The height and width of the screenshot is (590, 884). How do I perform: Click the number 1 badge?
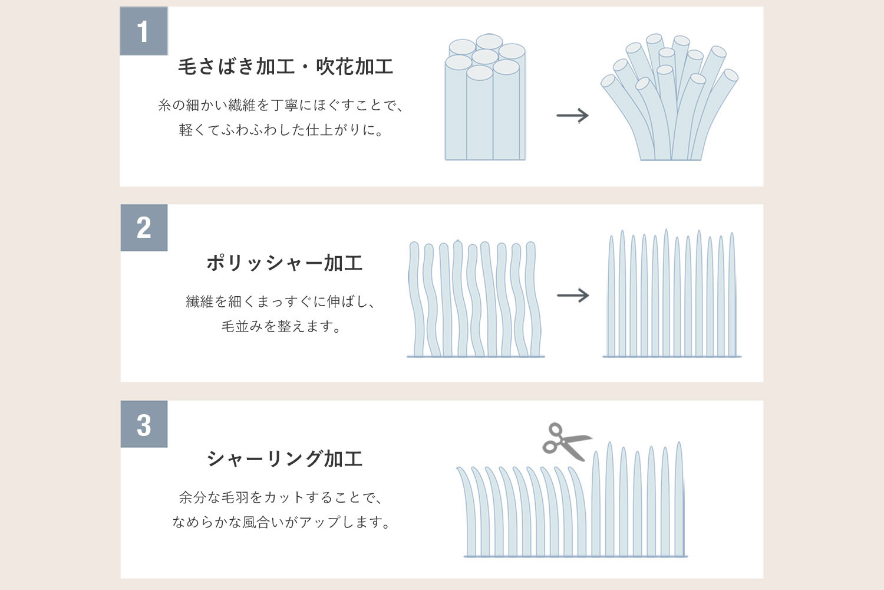144,31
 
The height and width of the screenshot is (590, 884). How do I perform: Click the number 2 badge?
144,228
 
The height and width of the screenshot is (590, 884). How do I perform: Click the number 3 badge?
144,424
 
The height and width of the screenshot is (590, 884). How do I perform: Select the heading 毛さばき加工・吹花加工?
285,67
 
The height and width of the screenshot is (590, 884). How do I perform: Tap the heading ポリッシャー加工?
284,263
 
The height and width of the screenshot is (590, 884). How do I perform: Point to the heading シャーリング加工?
284,458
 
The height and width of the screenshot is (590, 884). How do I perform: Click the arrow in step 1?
573,115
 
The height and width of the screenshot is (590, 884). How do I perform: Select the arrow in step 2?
573,295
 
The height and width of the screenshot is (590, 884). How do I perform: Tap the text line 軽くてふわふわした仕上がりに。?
282,130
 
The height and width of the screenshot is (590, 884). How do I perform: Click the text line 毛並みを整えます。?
282,326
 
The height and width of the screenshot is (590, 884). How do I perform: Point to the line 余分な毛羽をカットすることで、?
282,497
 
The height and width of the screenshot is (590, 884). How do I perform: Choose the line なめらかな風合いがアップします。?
282,522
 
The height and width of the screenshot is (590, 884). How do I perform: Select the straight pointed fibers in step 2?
671,295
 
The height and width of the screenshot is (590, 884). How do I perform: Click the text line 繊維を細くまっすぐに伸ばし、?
282,301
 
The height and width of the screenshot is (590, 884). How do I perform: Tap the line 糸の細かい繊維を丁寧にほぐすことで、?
282,106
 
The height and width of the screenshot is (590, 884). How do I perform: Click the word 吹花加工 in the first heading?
354,67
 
